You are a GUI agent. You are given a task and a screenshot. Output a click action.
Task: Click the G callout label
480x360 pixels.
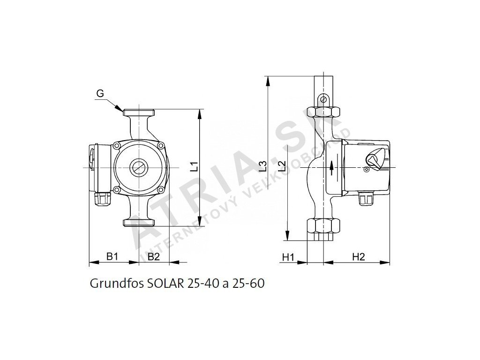coord(100,93)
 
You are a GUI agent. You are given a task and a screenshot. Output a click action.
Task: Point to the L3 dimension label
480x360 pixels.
coord(262,166)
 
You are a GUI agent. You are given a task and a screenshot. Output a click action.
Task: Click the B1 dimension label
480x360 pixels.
coord(112,256)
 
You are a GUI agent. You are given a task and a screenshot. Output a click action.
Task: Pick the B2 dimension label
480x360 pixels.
coord(154,256)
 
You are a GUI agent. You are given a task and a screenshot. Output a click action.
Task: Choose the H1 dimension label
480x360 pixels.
coord(288,257)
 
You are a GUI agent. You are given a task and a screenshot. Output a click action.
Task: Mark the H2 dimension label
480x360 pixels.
coord(359,257)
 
